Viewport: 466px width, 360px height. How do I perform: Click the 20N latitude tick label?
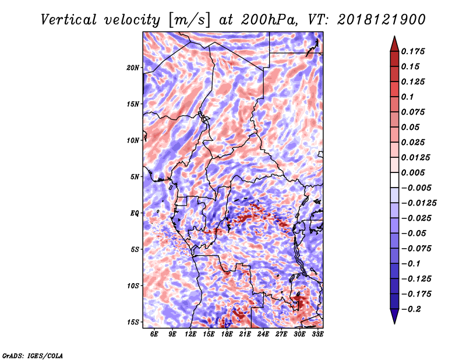pyautogui.click(x=133, y=68)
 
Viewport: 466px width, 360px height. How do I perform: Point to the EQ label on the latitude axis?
pyautogui.click(x=135, y=213)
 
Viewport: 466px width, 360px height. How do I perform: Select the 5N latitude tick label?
pyautogui.click(x=135, y=177)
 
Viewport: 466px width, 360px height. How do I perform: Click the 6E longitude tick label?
pyautogui.click(x=154, y=334)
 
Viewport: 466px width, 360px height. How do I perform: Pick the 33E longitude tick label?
pyautogui.click(x=317, y=334)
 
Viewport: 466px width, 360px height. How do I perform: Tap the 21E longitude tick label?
pyautogui.click(x=245, y=334)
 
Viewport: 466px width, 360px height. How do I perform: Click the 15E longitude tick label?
pyautogui.click(x=209, y=334)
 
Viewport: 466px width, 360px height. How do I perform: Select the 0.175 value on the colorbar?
pyautogui.click(x=413, y=51)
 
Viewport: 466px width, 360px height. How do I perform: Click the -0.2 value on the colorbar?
pyautogui.click(x=412, y=309)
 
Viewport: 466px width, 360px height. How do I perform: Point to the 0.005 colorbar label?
pyautogui.click(x=413, y=172)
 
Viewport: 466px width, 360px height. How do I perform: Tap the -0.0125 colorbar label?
pyautogui.click(x=419, y=203)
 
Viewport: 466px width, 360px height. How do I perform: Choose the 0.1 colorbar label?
pyautogui.click(x=407, y=97)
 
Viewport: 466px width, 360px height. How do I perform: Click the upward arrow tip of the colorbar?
pyautogui.click(x=394, y=36)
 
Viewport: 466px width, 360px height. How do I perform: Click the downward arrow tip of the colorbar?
pyautogui.click(x=394, y=323)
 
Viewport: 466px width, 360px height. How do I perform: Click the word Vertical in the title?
pyautogui.click(x=69, y=20)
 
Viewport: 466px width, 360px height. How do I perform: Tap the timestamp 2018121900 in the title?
pyautogui.click(x=382, y=20)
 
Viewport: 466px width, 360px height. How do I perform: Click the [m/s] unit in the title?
pyautogui.click(x=189, y=20)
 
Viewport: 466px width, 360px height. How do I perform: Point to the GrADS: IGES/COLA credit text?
pyautogui.click(x=33, y=356)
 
